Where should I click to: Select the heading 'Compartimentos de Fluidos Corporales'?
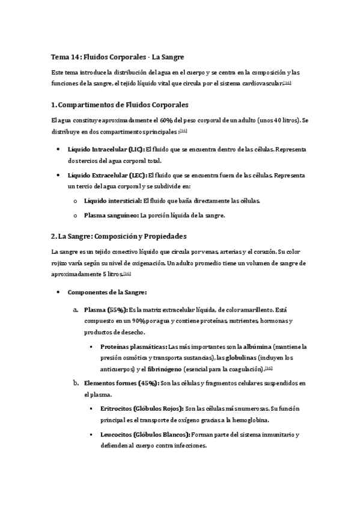(123, 105)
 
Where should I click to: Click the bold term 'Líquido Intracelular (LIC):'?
(106, 149)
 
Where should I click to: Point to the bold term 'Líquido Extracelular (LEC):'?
(107, 175)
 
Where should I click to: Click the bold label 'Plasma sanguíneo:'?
(111, 215)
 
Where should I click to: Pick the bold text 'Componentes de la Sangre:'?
(107, 292)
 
